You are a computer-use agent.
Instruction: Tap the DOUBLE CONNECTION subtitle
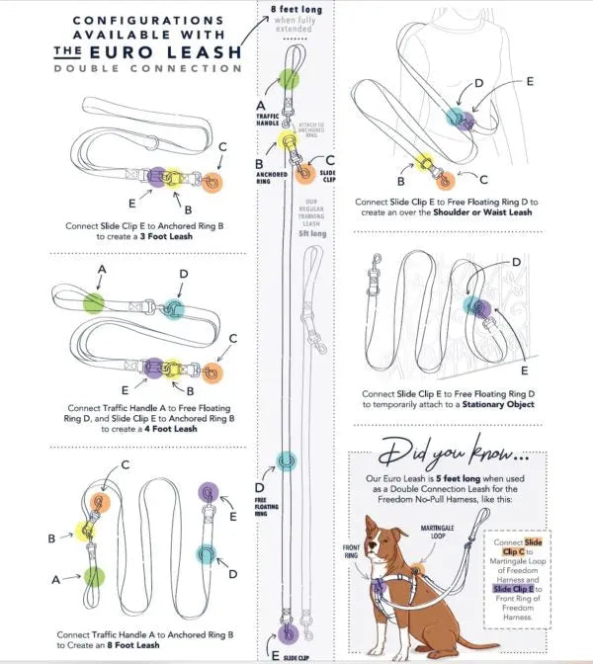[x=148, y=68]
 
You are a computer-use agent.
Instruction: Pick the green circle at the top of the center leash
[x=289, y=80]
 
